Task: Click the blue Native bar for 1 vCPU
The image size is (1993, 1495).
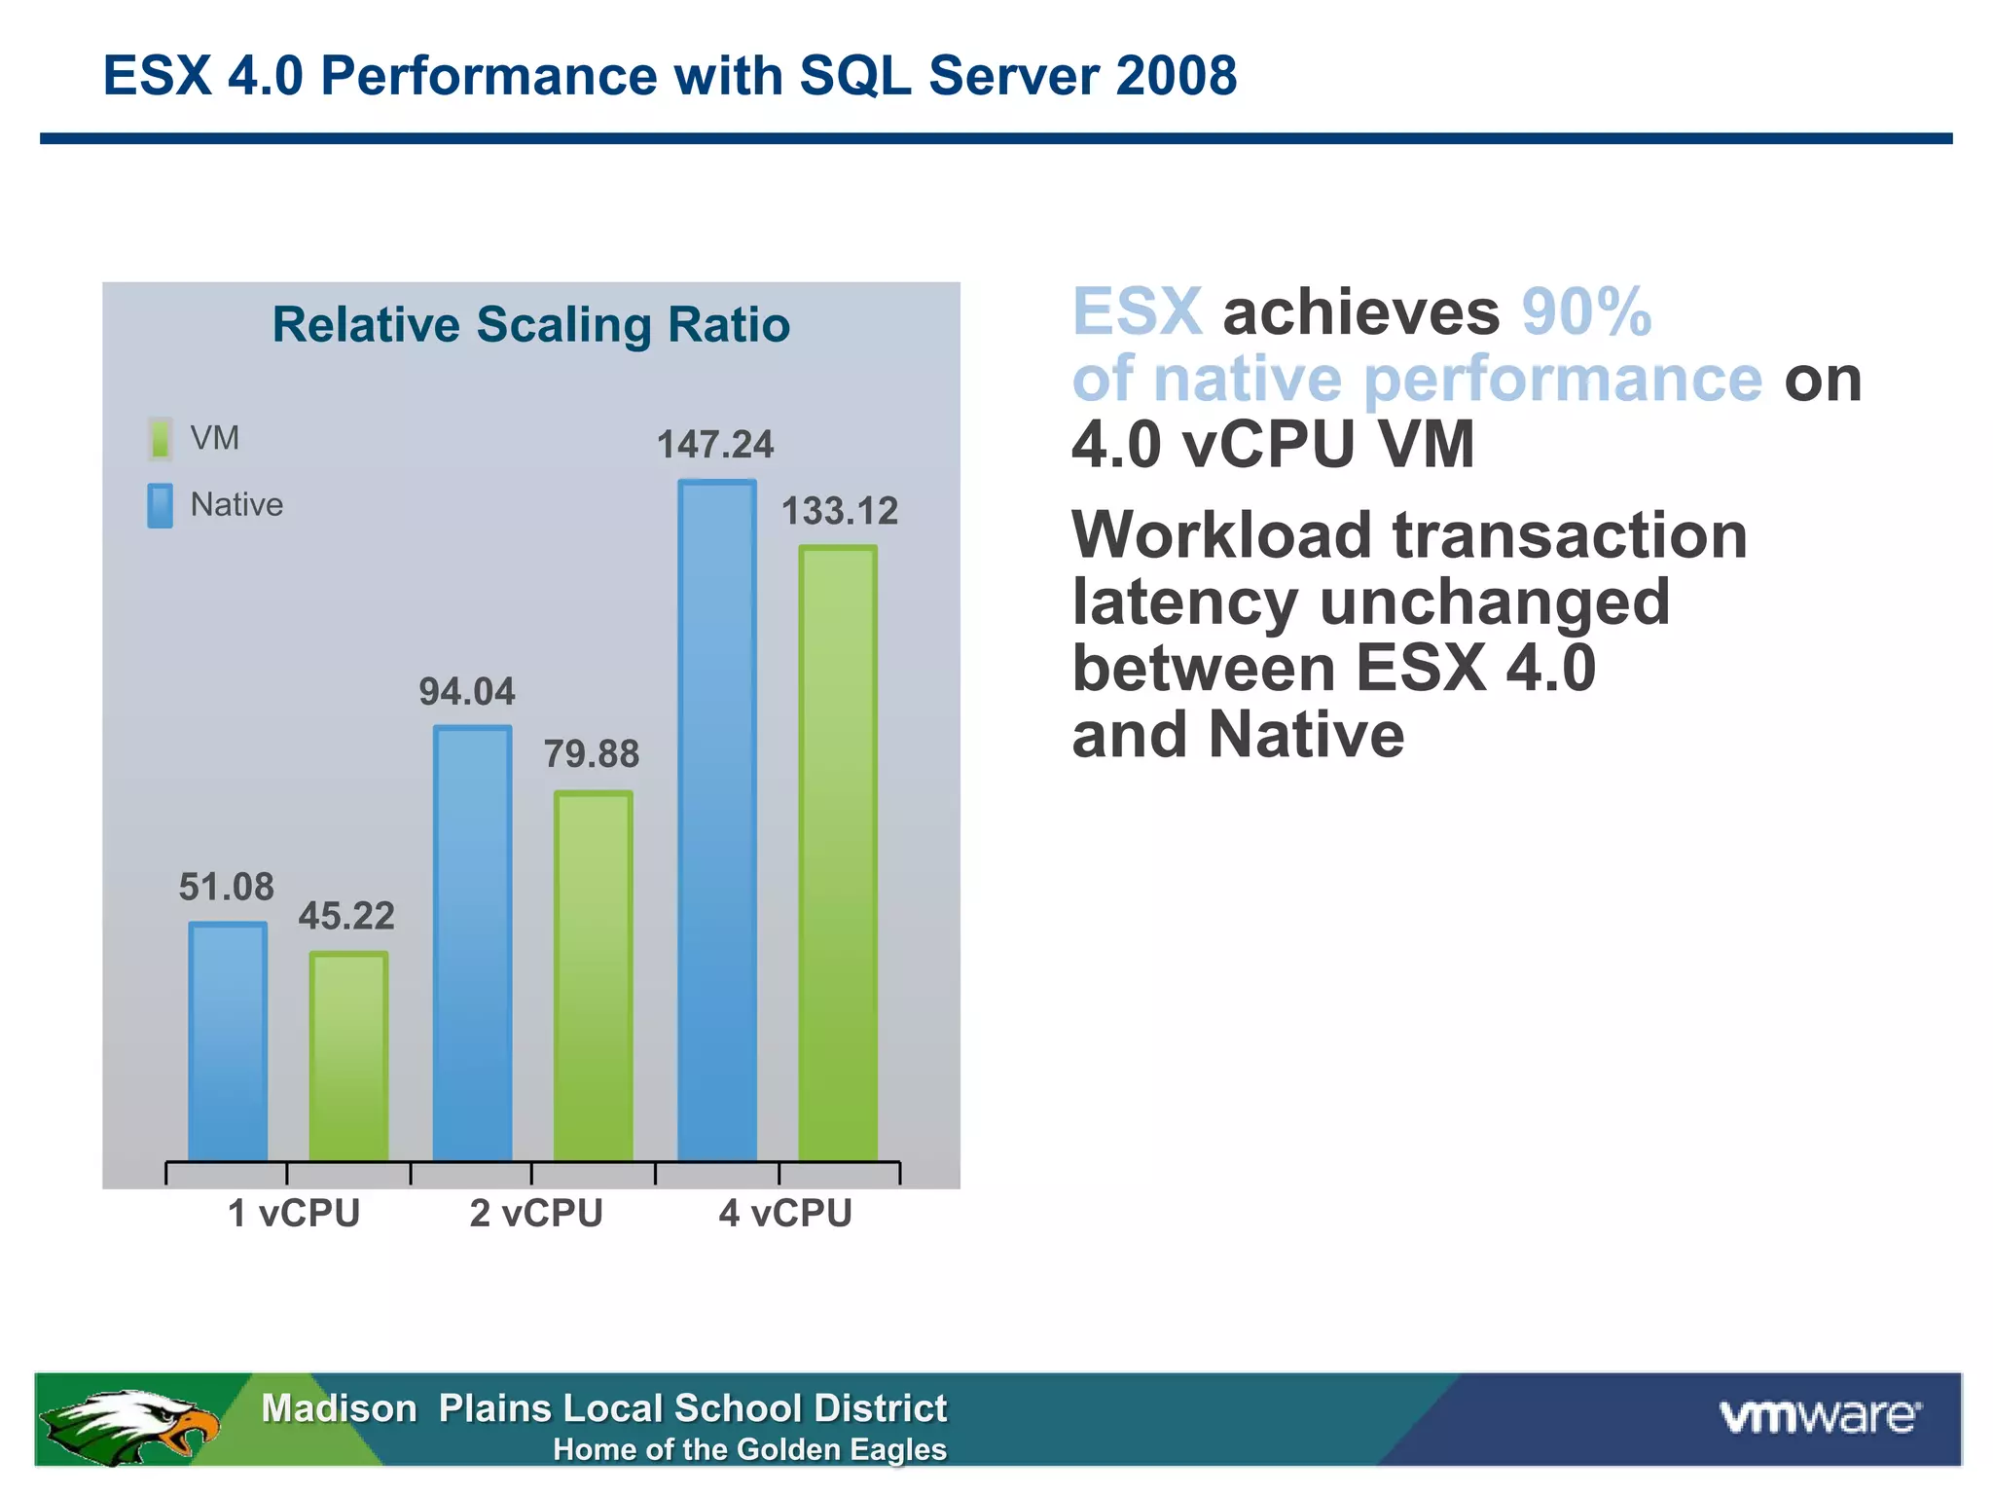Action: click(x=228, y=1041)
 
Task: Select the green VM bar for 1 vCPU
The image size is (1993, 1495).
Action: click(x=348, y=1056)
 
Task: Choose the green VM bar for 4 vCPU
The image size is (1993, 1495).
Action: click(x=838, y=853)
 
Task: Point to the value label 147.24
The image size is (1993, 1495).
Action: click(x=715, y=445)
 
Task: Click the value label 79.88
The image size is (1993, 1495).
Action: click(x=591, y=754)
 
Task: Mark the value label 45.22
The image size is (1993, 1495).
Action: click(x=346, y=916)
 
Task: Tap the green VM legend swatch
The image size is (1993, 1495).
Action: click(x=161, y=439)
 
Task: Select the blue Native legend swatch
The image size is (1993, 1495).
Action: click(x=161, y=505)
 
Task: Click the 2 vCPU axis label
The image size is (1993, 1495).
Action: click(x=536, y=1214)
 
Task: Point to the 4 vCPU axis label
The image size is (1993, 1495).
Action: click(x=785, y=1214)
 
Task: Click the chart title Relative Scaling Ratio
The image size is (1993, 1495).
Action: click(x=530, y=324)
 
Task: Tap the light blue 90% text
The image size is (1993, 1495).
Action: click(x=1586, y=312)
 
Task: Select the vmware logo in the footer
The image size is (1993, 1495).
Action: click(x=1820, y=1416)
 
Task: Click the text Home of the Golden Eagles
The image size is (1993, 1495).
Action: click(x=749, y=1450)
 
